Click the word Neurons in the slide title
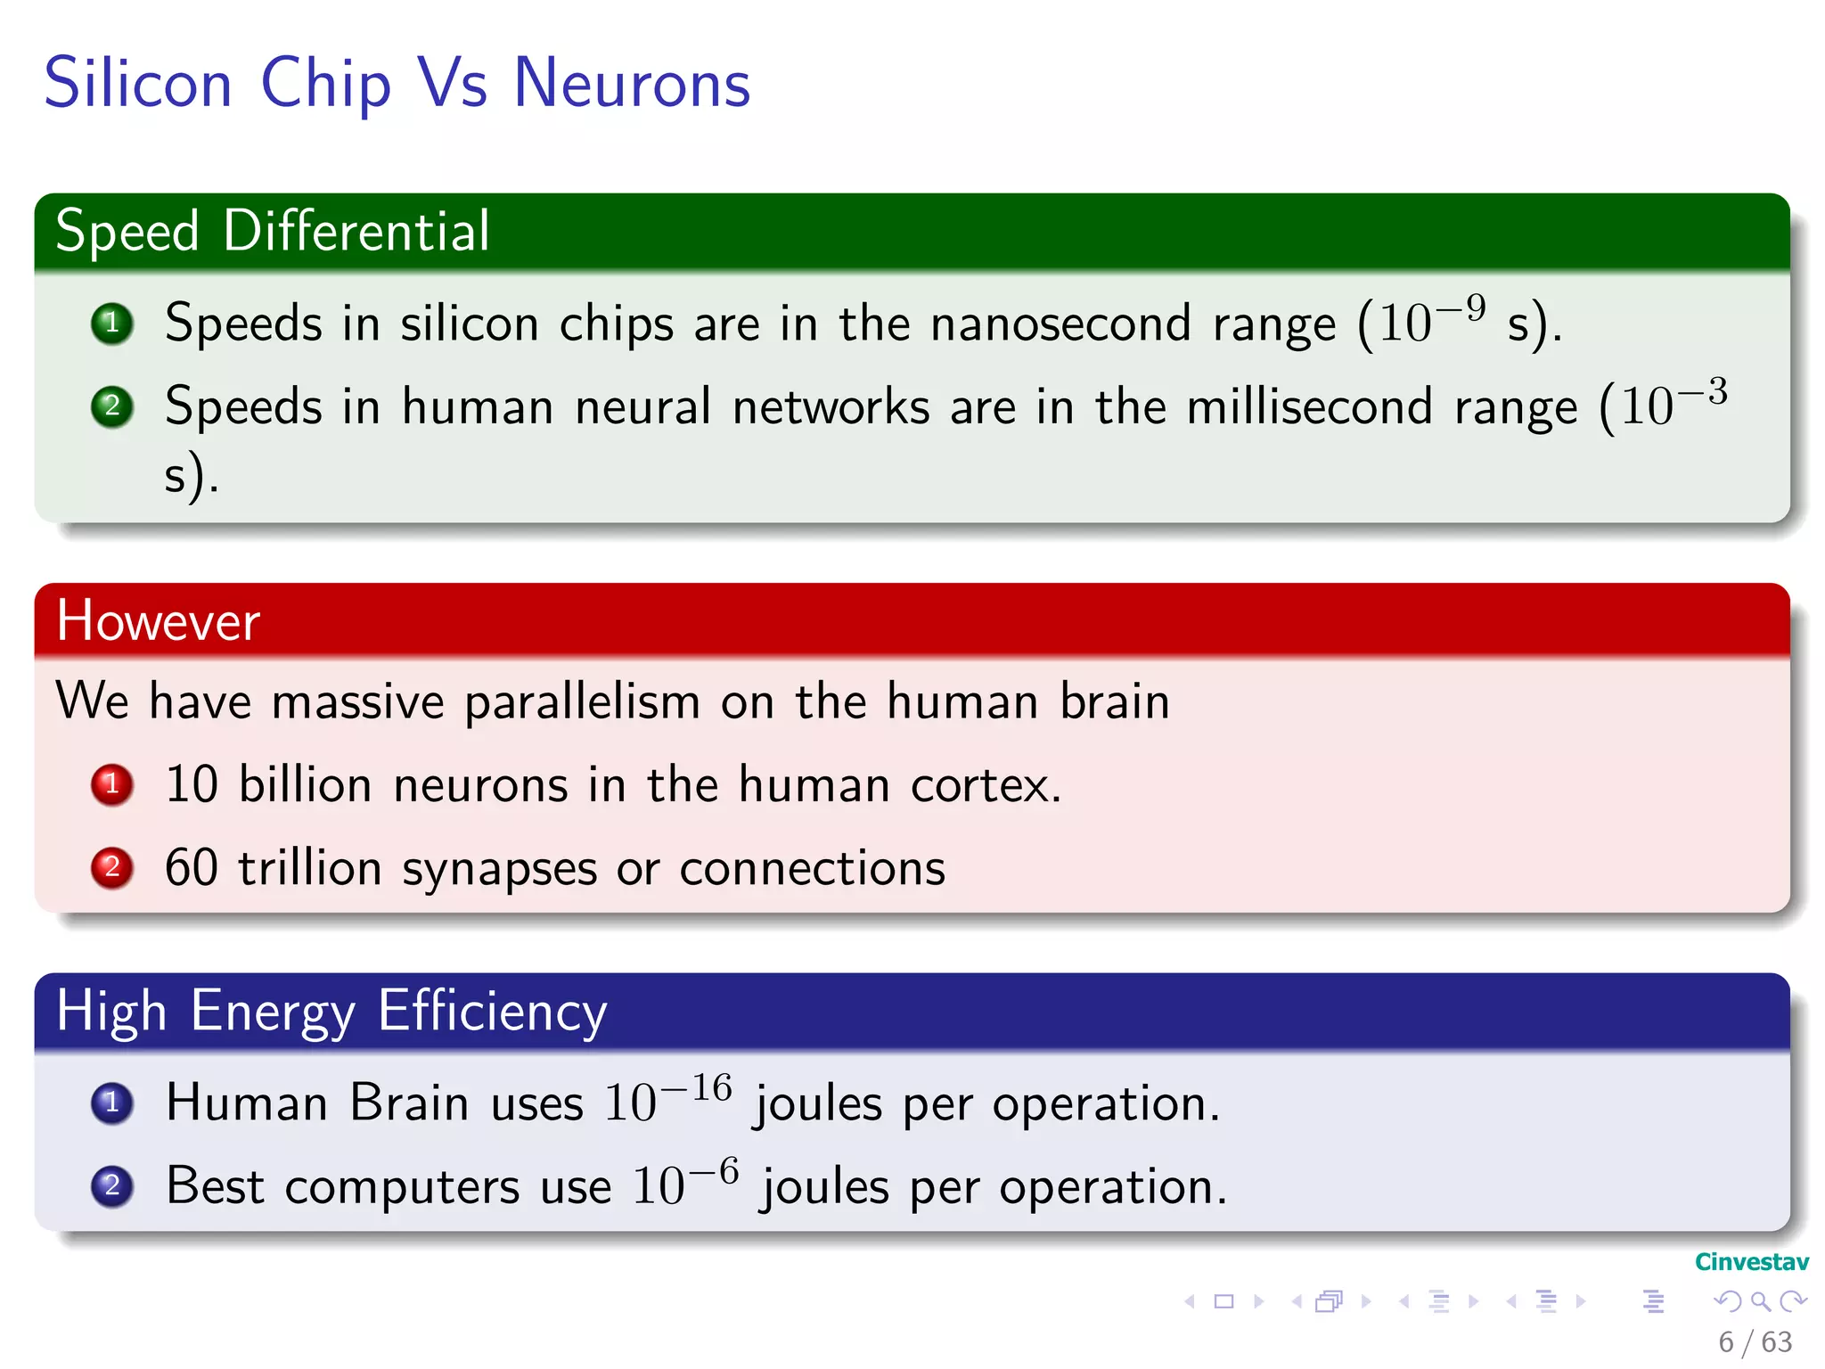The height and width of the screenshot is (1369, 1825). (x=632, y=84)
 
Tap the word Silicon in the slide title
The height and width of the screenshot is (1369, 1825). (x=138, y=84)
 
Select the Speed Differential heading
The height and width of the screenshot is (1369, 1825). (x=273, y=231)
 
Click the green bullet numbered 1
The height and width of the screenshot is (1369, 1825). (x=112, y=323)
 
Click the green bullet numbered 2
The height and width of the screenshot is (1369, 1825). (x=112, y=406)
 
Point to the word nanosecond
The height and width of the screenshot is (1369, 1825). (x=1060, y=323)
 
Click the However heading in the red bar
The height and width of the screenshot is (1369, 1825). (x=159, y=620)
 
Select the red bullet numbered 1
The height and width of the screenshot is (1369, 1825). (x=112, y=784)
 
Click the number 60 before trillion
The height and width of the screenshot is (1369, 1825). (x=192, y=867)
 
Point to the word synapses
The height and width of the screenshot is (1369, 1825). (x=499, y=869)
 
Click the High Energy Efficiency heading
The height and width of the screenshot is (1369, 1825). (x=331, y=1011)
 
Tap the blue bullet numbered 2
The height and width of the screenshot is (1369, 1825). (x=112, y=1185)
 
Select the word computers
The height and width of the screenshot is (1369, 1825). (x=402, y=1187)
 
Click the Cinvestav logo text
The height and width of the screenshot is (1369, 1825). (x=1751, y=1262)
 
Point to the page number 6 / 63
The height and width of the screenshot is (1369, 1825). (x=1755, y=1341)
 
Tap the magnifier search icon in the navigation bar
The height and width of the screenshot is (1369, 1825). (x=1760, y=1301)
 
